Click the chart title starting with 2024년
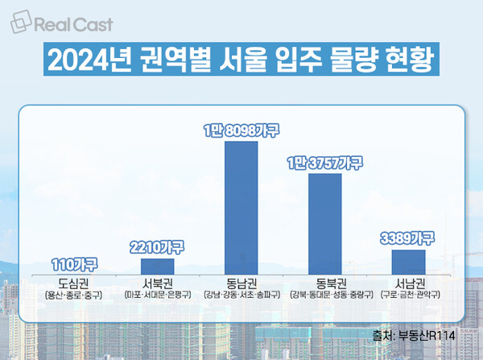coord(242,61)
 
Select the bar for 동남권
coord(241,209)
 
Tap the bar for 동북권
coord(325,225)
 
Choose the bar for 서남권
coord(408,263)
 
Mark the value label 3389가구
coord(408,238)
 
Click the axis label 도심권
coord(73,283)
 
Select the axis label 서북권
coord(157,283)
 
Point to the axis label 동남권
coord(241,283)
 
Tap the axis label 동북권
coord(325,283)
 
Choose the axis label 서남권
coord(408,283)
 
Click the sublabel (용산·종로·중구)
coord(73,296)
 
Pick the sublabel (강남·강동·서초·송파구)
coord(241,296)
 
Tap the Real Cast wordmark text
coord(76,25)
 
